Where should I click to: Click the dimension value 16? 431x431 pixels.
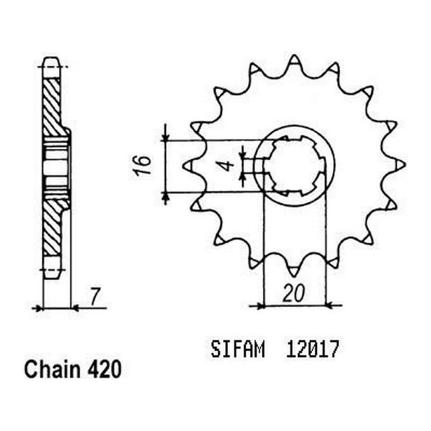[x=145, y=164]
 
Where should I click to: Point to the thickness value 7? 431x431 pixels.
[x=95, y=295]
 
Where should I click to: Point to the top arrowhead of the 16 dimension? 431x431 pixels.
[x=166, y=136]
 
